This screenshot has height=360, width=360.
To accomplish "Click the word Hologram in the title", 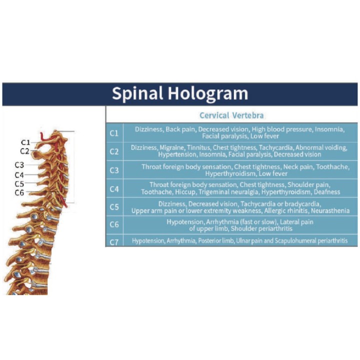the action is pos(208,93).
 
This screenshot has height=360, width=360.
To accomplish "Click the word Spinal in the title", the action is pos(137,93).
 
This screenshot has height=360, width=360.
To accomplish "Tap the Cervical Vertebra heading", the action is pos(231,115).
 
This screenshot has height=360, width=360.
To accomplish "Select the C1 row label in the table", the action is pos(114,133).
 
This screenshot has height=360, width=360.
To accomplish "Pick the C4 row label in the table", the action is pos(114,189).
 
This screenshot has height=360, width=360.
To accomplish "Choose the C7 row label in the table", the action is pos(114,242).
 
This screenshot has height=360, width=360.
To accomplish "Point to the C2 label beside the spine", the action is pos(25,151).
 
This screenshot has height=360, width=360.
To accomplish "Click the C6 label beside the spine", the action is pos(19,192).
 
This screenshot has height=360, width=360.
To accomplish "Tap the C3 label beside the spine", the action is pos(19,165).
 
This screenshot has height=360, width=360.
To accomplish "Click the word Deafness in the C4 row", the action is pos(327,192).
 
